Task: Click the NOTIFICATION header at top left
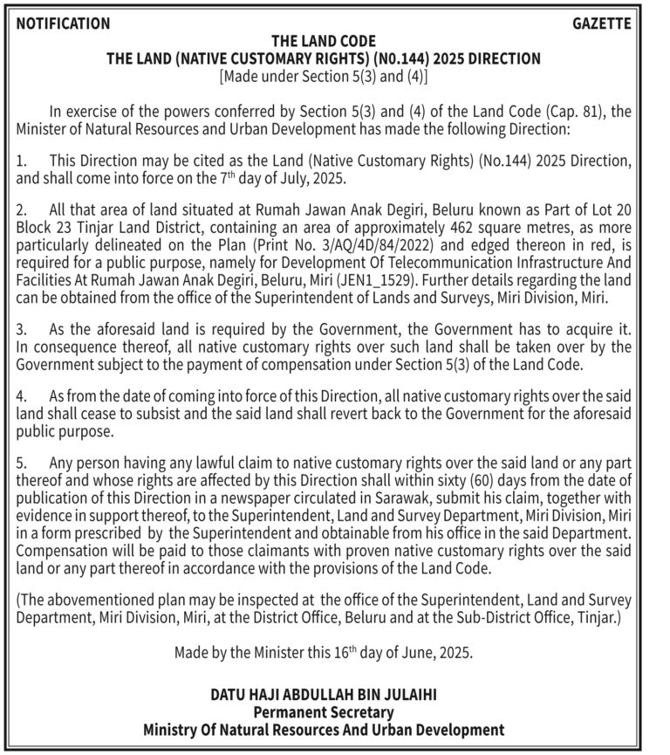pos(63,24)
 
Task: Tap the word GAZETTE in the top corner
pos(601,24)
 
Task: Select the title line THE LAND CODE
pos(324,41)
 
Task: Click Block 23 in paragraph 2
pos(44,230)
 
